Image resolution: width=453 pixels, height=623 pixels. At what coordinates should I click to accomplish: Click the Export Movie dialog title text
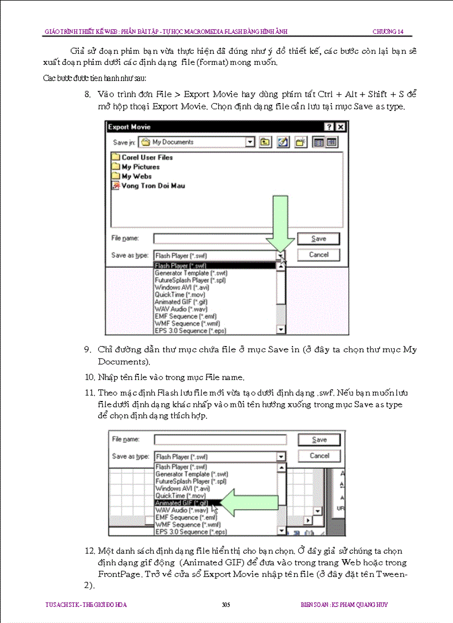click(129, 127)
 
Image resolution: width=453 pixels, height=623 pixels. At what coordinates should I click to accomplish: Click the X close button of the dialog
click(340, 127)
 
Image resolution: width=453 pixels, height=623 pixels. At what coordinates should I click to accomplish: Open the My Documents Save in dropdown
click(250, 143)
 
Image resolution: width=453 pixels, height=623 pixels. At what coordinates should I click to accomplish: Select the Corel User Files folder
click(147, 158)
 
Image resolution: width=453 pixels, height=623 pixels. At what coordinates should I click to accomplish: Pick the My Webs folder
click(136, 176)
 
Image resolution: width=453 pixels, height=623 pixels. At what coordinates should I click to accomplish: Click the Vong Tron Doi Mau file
click(153, 186)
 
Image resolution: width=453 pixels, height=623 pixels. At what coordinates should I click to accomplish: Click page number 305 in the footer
click(225, 605)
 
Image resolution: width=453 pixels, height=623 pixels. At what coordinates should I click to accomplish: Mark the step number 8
click(88, 94)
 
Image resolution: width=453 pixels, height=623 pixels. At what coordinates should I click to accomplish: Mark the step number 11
click(89, 393)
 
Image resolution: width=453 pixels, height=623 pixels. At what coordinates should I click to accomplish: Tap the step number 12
click(89, 551)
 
